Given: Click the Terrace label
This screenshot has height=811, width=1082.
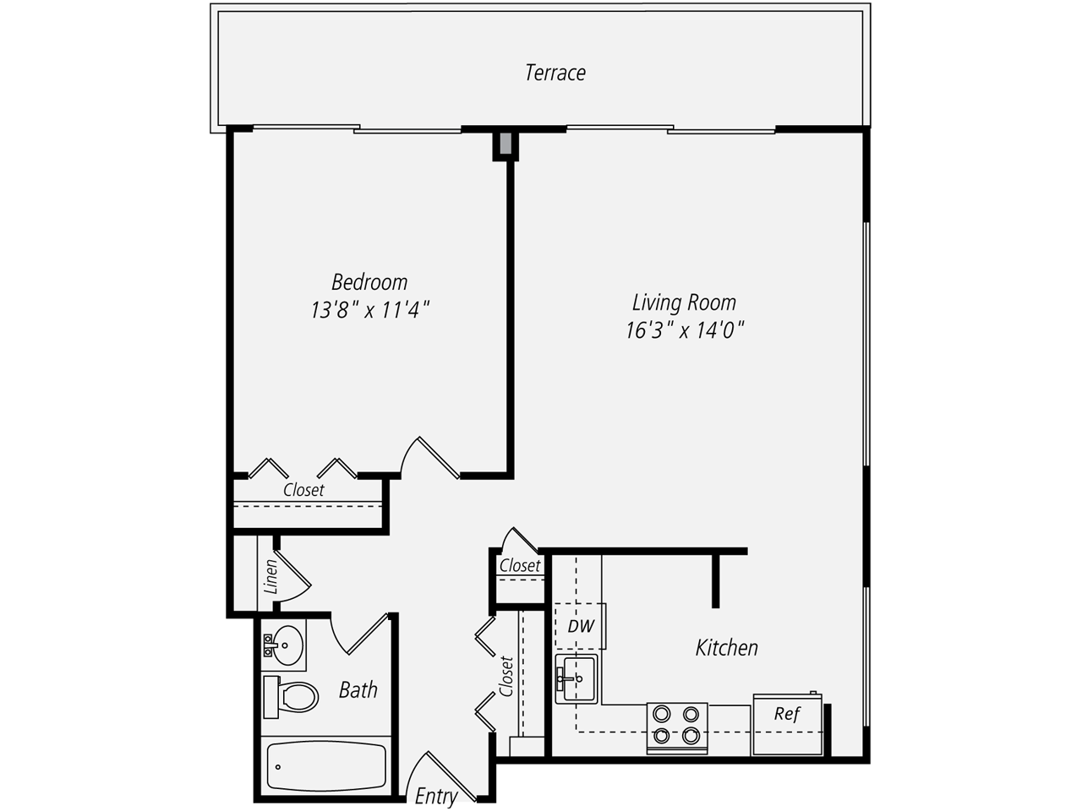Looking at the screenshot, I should pos(555,73).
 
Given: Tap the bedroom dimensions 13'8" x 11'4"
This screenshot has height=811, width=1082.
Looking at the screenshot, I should pos(370,310).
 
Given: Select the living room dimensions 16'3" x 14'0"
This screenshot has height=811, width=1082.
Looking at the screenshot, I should pos(684,330).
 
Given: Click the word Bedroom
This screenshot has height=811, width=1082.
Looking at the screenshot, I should pos(369,282).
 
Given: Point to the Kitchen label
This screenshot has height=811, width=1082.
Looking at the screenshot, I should pos(726,648).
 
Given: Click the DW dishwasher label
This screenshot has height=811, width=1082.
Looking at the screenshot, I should pos(581,626).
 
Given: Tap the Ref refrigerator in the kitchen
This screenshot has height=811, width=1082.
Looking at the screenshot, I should pos(787,723).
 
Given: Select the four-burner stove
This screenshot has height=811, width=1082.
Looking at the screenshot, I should pos(677,726).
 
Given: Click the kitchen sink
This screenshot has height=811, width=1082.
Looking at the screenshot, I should pos(577,678).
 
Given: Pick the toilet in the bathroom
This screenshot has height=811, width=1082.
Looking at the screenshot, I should pos(290,696).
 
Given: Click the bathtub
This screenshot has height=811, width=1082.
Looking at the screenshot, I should pos(325,765).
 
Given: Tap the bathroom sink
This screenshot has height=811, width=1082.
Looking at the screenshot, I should pos(284,645).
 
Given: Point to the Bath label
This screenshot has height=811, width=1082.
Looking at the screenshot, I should pos(358,690).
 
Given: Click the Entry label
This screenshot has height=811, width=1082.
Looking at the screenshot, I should pos(436,796).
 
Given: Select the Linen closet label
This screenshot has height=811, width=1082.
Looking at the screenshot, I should pos(270,576).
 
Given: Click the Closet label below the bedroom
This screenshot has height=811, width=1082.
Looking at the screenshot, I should pos(303,490).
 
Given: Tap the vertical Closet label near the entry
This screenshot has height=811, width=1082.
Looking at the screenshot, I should pos(506,676).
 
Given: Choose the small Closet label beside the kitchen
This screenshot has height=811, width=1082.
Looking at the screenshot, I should pos(519,566).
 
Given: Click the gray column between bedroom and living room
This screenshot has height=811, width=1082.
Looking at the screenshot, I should pos(505,144).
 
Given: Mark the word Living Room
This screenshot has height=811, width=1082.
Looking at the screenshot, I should pos(684,302).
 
